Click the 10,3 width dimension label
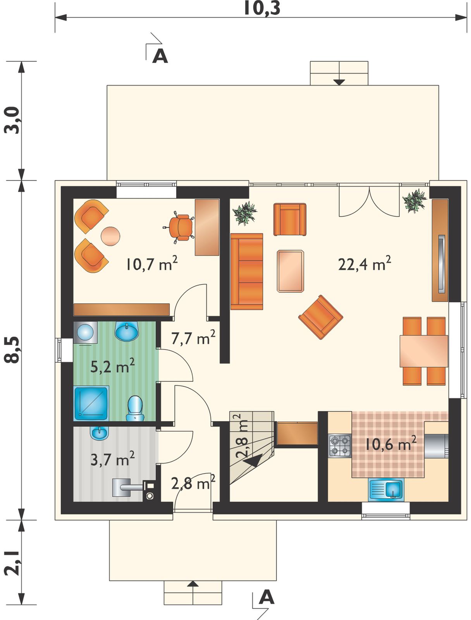click(262, 8)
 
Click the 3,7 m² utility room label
click(112, 459)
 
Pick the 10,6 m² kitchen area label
click(390, 443)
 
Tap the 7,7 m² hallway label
click(193, 337)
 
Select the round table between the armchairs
click(110, 236)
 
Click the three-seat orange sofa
click(247, 272)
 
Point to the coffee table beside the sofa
click(291, 271)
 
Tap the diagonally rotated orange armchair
click(321, 317)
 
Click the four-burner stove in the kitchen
click(340, 446)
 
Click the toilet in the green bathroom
click(136, 408)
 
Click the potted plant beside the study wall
click(244, 213)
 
